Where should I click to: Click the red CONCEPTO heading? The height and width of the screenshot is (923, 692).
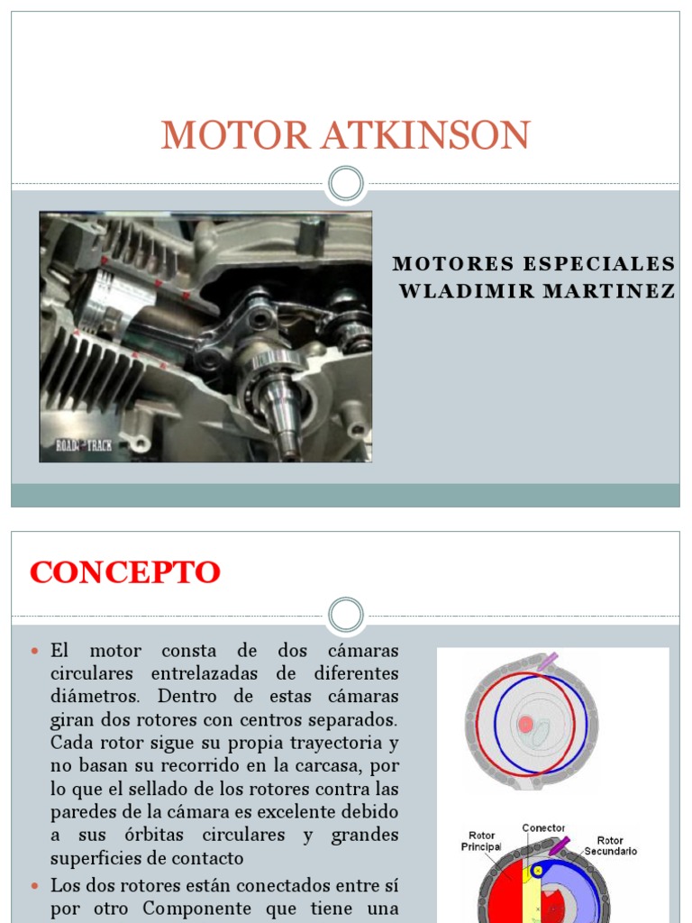pyautogui.click(x=125, y=572)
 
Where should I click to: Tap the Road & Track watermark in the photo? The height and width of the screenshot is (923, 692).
pyautogui.click(x=83, y=445)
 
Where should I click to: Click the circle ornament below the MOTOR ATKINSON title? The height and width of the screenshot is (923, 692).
pyautogui.click(x=346, y=184)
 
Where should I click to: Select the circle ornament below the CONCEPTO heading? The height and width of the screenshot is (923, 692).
pyautogui.click(x=346, y=615)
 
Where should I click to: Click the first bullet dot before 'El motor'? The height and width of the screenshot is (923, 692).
pyautogui.click(x=35, y=651)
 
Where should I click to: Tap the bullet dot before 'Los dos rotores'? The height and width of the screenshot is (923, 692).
pyautogui.click(x=35, y=885)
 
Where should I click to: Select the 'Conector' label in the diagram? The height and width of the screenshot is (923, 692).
pyautogui.click(x=544, y=827)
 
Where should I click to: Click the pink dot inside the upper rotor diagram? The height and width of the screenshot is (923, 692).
pyautogui.click(x=525, y=724)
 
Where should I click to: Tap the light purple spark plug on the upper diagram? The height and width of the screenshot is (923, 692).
pyautogui.click(x=547, y=663)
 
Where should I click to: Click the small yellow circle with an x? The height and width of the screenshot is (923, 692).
pyautogui.click(x=536, y=871)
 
